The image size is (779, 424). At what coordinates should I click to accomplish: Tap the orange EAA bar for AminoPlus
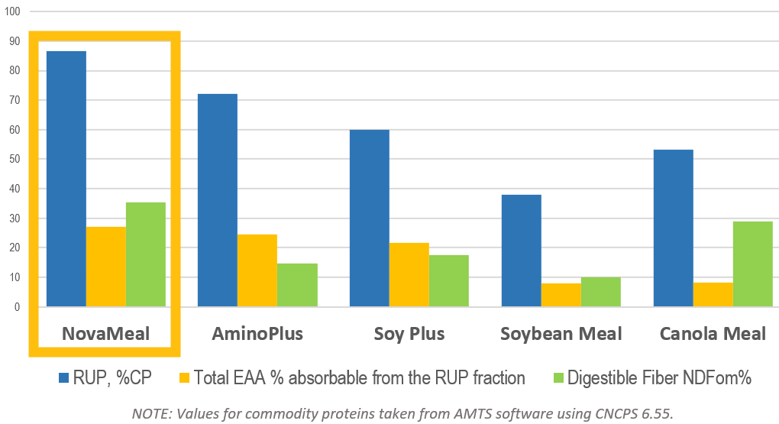[x=257, y=270]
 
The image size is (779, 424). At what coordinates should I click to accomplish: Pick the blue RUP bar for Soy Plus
[x=369, y=218]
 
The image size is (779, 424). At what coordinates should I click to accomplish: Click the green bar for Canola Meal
[x=752, y=264]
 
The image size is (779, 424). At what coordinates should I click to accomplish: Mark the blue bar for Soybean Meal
[x=521, y=251]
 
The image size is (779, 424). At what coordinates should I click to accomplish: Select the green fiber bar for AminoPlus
[x=297, y=285]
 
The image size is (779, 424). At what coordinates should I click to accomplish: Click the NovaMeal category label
[x=106, y=334]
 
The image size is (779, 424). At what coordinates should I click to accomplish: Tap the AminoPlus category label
[x=257, y=334]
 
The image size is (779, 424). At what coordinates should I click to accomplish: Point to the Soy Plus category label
[x=409, y=334]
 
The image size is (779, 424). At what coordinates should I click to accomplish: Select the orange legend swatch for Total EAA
[x=183, y=377]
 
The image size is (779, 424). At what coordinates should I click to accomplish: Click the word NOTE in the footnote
[x=152, y=413]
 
